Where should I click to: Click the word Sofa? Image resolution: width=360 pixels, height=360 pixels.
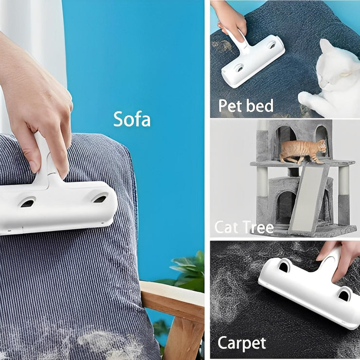(132, 119)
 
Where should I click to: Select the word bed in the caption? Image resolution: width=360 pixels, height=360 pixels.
(260, 106)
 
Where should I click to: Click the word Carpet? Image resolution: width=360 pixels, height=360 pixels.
(242, 343)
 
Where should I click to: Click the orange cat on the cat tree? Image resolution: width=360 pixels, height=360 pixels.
(303, 151)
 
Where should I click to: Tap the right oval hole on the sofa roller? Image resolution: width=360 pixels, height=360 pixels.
(100, 198)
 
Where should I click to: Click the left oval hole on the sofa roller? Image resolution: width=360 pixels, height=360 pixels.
(28, 203)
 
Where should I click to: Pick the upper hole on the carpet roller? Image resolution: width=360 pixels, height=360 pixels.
(284, 267)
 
